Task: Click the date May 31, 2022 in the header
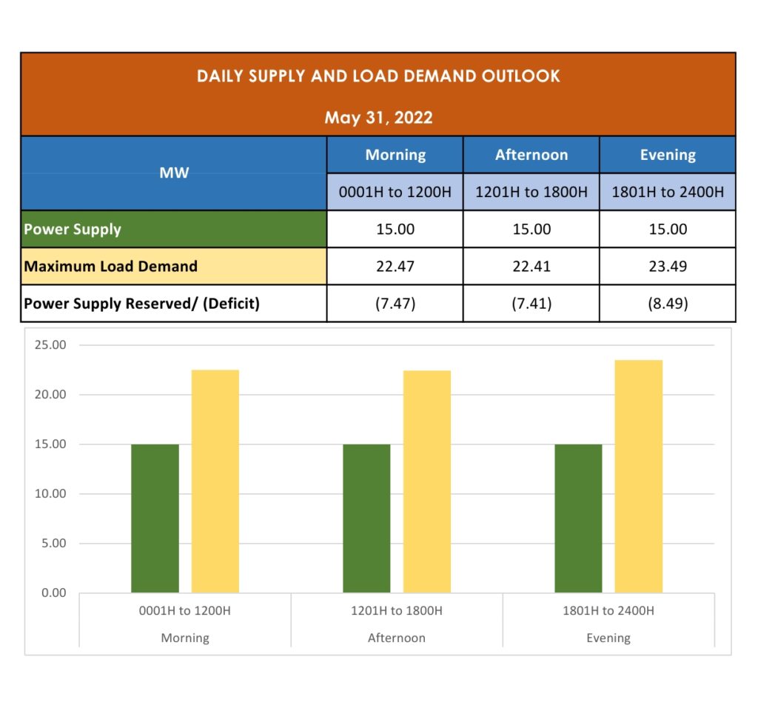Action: tap(378, 118)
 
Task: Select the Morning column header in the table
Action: tap(395, 155)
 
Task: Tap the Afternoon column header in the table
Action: tap(531, 155)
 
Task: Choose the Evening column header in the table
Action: tap(668, 155)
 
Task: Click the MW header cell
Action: tap(174, 173)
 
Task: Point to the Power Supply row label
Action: tap(73, 229)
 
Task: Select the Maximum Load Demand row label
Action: tap(111, 266)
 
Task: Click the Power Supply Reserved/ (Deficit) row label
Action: tap(142, 303)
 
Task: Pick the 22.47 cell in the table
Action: tap(395, 266)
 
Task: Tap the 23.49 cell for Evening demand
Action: tap(668, 266)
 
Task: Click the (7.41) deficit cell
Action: tap(531, 303)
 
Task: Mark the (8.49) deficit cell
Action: tap(668, 303)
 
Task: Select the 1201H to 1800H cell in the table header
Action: tap(531, 193)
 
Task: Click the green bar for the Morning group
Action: tap(155, 518)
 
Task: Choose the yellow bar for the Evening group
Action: tap(639, 476)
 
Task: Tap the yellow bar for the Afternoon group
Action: tap(427, 481)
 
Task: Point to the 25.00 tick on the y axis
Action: tap(50, 345)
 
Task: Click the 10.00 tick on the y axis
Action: tap(50, 494)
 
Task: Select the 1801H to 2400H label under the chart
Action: tap(608, 611)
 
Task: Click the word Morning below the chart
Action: tap(185, 638)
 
